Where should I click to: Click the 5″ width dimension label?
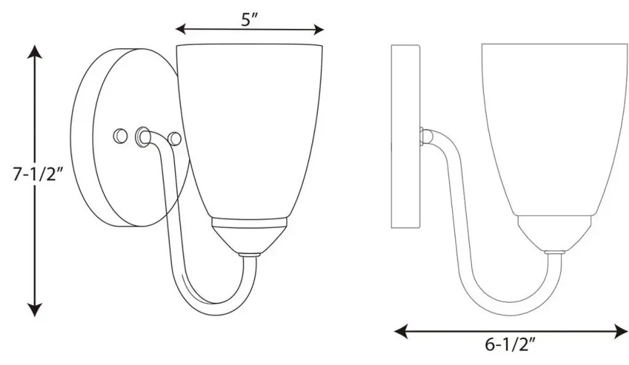click(249, 18)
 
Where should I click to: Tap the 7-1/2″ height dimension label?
click(38, 175)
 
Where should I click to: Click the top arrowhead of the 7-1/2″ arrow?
click(35, 52)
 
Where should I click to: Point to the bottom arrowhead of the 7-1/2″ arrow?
click(35, 310)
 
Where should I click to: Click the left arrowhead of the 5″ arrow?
click(182, 29)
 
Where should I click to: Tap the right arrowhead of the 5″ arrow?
click(318, 29)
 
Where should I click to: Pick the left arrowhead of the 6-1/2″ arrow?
click(401, 331)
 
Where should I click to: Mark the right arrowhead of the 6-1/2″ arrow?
click(621, 331)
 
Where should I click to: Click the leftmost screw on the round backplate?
click(120, 136)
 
